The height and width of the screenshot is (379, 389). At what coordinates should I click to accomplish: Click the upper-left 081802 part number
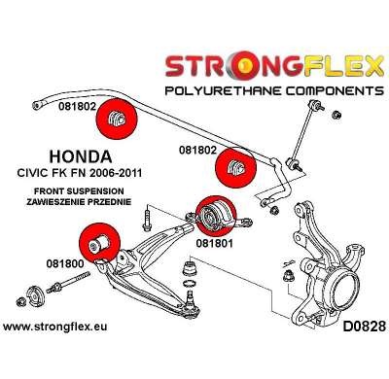77,109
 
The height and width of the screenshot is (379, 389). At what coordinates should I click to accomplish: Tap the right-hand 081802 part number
198,151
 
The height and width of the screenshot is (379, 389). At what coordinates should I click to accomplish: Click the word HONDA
80,155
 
